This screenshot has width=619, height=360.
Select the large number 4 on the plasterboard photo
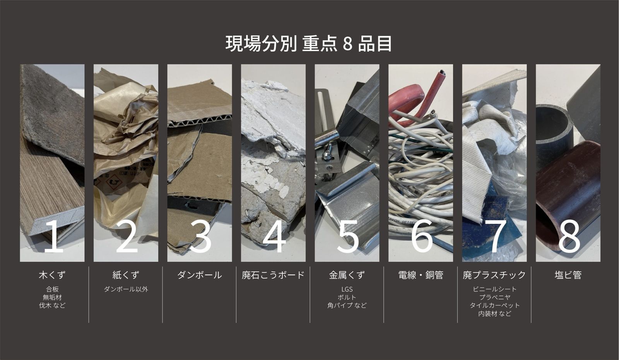[x=274, y=236]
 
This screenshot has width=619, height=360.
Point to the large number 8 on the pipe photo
[x=569, y=236]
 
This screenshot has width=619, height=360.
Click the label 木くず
[x=52, y=275]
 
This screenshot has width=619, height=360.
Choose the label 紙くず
[x=126, y=275]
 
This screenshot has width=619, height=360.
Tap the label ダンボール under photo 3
[x=200, y=275]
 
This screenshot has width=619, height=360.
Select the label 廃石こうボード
[x=273, y=275]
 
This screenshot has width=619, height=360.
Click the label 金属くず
[x=347, y=275]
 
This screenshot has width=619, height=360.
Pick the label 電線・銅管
[x=421, y=275]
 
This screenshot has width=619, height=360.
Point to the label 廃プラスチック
[x=494, y=275]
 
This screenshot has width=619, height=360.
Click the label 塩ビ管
[x=568, y=275]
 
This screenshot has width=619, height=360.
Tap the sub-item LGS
[x=347, y=289]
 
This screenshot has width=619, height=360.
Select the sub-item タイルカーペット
[x=495, y=305]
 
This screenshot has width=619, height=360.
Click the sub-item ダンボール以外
[x=126, y=289]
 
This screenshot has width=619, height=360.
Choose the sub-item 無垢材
[x=52, y=297]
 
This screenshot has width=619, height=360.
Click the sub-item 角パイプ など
[x=347, y=305]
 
